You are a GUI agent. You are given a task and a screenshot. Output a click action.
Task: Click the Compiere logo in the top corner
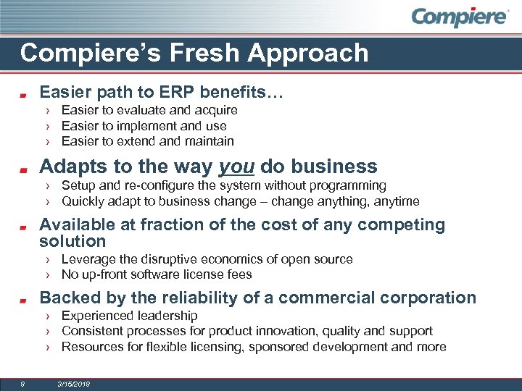point(460,17)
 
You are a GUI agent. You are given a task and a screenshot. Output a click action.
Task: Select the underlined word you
point(236,167)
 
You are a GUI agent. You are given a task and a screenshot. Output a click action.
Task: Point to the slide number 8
point(23,384)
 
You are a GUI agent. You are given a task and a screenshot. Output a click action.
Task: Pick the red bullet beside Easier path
point(23,94)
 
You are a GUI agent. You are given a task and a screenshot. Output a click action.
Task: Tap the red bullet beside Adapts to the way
point(23,169)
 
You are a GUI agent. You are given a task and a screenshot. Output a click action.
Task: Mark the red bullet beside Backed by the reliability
point(23,299)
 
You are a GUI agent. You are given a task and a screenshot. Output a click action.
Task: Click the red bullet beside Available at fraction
point(23,227)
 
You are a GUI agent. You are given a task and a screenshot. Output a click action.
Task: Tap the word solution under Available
point(72,241)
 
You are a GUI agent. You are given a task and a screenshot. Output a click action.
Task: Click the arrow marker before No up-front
point(47,274)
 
